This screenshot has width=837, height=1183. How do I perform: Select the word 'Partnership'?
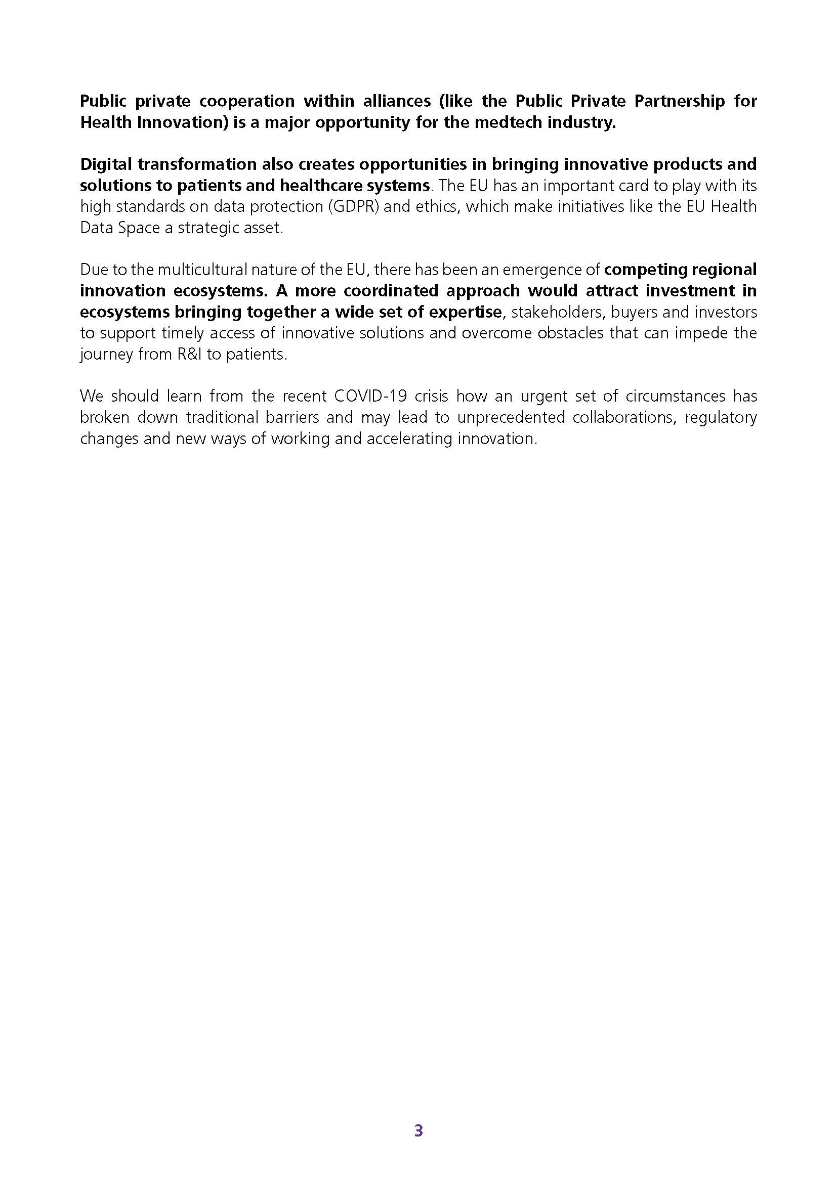tap(679, 101)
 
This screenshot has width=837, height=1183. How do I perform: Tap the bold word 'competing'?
tap(647, 270)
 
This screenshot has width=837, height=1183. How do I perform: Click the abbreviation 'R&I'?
tap(185, 355)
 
